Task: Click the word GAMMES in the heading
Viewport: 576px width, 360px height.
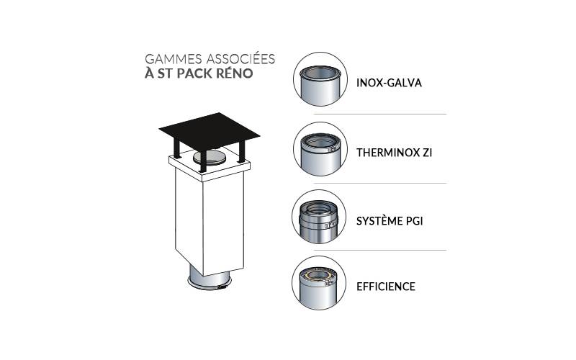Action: coord(174,59)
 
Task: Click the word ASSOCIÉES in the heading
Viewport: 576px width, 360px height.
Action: coord(240,58)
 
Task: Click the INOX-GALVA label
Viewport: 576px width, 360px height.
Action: coord(389,83)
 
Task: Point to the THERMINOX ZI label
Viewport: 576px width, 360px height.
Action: coord(394,153)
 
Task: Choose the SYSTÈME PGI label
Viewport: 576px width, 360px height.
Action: coord(390,221)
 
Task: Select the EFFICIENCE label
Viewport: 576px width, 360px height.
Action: coord(386,287)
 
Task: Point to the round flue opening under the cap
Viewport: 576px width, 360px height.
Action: coord(210,158)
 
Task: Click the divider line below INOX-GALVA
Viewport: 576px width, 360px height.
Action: coord(380,114)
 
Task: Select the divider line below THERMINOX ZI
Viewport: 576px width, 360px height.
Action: coord(380,183)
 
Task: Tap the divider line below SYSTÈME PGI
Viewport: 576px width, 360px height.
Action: coord(380,250)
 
